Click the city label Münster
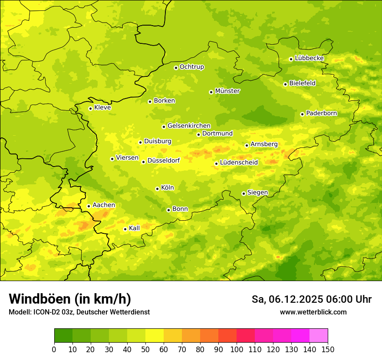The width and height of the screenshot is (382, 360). click(227, 91)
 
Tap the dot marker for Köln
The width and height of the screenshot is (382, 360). click(157, 189)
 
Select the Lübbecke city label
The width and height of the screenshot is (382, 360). click(309, 58)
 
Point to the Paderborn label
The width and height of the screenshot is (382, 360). click(321, 113)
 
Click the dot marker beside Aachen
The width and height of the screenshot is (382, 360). click(89, 206)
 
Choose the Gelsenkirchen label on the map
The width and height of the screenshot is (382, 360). click(189, 126)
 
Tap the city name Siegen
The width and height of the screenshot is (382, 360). click(257, 193)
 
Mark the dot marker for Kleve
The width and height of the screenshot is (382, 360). click(90, 108)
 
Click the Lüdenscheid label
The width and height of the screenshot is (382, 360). click(239, 163)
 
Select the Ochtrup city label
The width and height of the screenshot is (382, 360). click(191, 67)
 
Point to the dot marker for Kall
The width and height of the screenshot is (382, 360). click(125, 229)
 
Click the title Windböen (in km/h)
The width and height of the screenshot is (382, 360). click(70, 299)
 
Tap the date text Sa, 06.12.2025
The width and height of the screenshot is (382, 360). click(287, 299)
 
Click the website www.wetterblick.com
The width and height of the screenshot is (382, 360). click(313, 312)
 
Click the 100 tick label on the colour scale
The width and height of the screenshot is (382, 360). click(237, 350)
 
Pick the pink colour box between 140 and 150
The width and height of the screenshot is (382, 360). click(319, 336)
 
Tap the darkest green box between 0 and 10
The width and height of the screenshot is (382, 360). click(63, 336)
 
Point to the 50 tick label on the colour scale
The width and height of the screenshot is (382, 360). click(145, 350)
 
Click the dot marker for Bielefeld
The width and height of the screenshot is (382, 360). click(285, 84)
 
